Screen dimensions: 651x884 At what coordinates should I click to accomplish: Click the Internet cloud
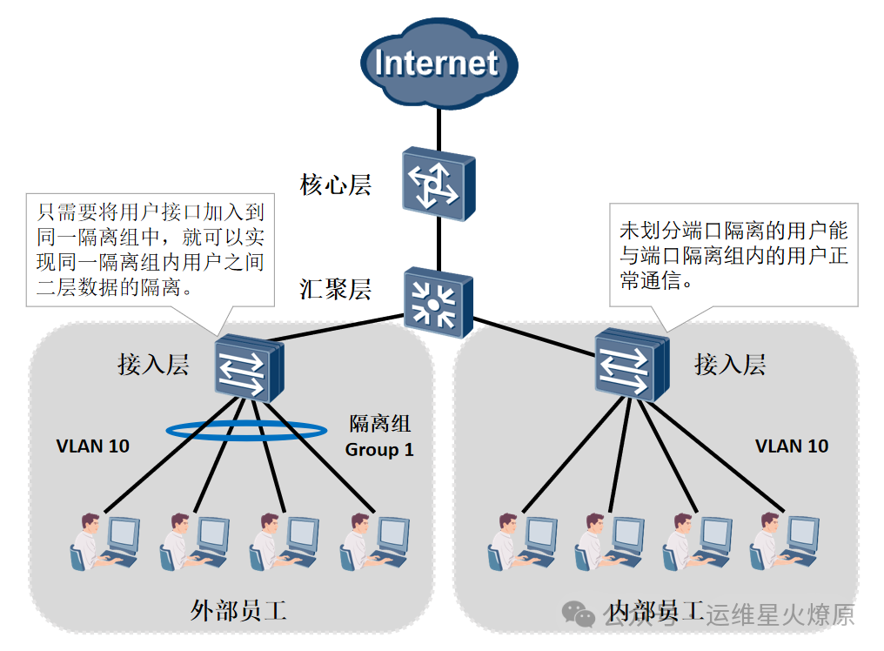coord(438,64)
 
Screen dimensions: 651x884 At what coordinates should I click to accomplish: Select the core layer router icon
coord(438,183)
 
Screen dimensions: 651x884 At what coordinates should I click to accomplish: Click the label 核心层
coord(336,185)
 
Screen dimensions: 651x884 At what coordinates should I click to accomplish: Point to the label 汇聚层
coord(336,290)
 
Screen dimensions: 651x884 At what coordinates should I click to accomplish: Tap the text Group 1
coord(379,450)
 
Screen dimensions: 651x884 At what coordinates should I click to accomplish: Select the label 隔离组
coord(379,425)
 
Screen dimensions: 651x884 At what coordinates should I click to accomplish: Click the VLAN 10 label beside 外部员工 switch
coord(92,446)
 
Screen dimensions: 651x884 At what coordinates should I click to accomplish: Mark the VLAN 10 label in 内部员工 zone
coord(791,446)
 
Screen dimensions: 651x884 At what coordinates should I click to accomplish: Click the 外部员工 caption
coord(238,611)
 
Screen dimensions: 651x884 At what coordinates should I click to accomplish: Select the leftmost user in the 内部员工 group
coord(521,541)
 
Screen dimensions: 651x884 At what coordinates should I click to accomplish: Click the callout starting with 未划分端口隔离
coord(733,255)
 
